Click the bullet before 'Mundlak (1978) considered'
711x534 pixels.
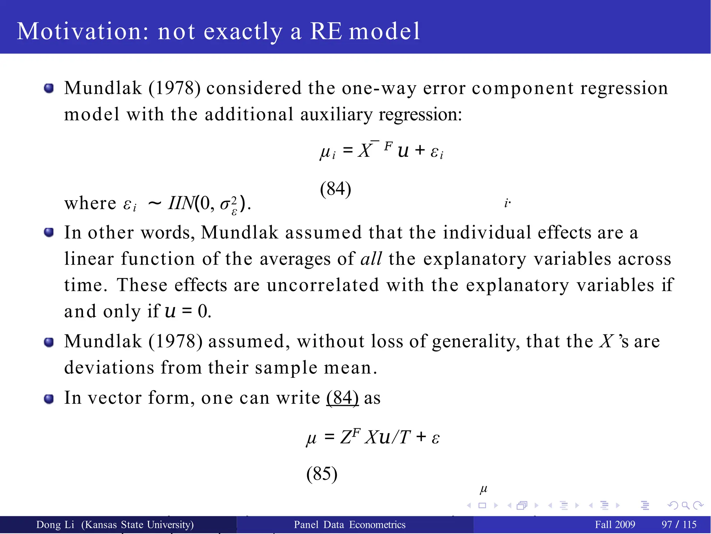click(x=49, y=88)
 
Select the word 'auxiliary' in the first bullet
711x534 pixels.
click(x=336, y=115)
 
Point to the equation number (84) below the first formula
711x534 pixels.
click(x=335, y=189)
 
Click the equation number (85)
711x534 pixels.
click(x=321, y=474)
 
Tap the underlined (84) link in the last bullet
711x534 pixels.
click(x=342, y=398)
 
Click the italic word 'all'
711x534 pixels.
click(x=371, y=259)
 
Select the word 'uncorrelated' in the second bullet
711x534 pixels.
click(x=323, y=285)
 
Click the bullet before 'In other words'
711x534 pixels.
click(x=49, y=232)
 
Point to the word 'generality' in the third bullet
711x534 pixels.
click(x=476, y=342)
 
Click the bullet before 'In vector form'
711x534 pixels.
click(x=49, y=399)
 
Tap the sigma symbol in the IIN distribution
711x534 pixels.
click(x=225, y=204)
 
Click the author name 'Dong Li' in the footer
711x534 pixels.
click(x=55, y=525)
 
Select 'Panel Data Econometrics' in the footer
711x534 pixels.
click(x=350, y=525)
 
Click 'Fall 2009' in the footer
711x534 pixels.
click(x=615, y=525)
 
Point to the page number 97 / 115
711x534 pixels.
click(x=679, y=525)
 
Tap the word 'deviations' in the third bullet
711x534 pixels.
click(x=109, y=368)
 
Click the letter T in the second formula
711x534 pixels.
click(x=404, y=437)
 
